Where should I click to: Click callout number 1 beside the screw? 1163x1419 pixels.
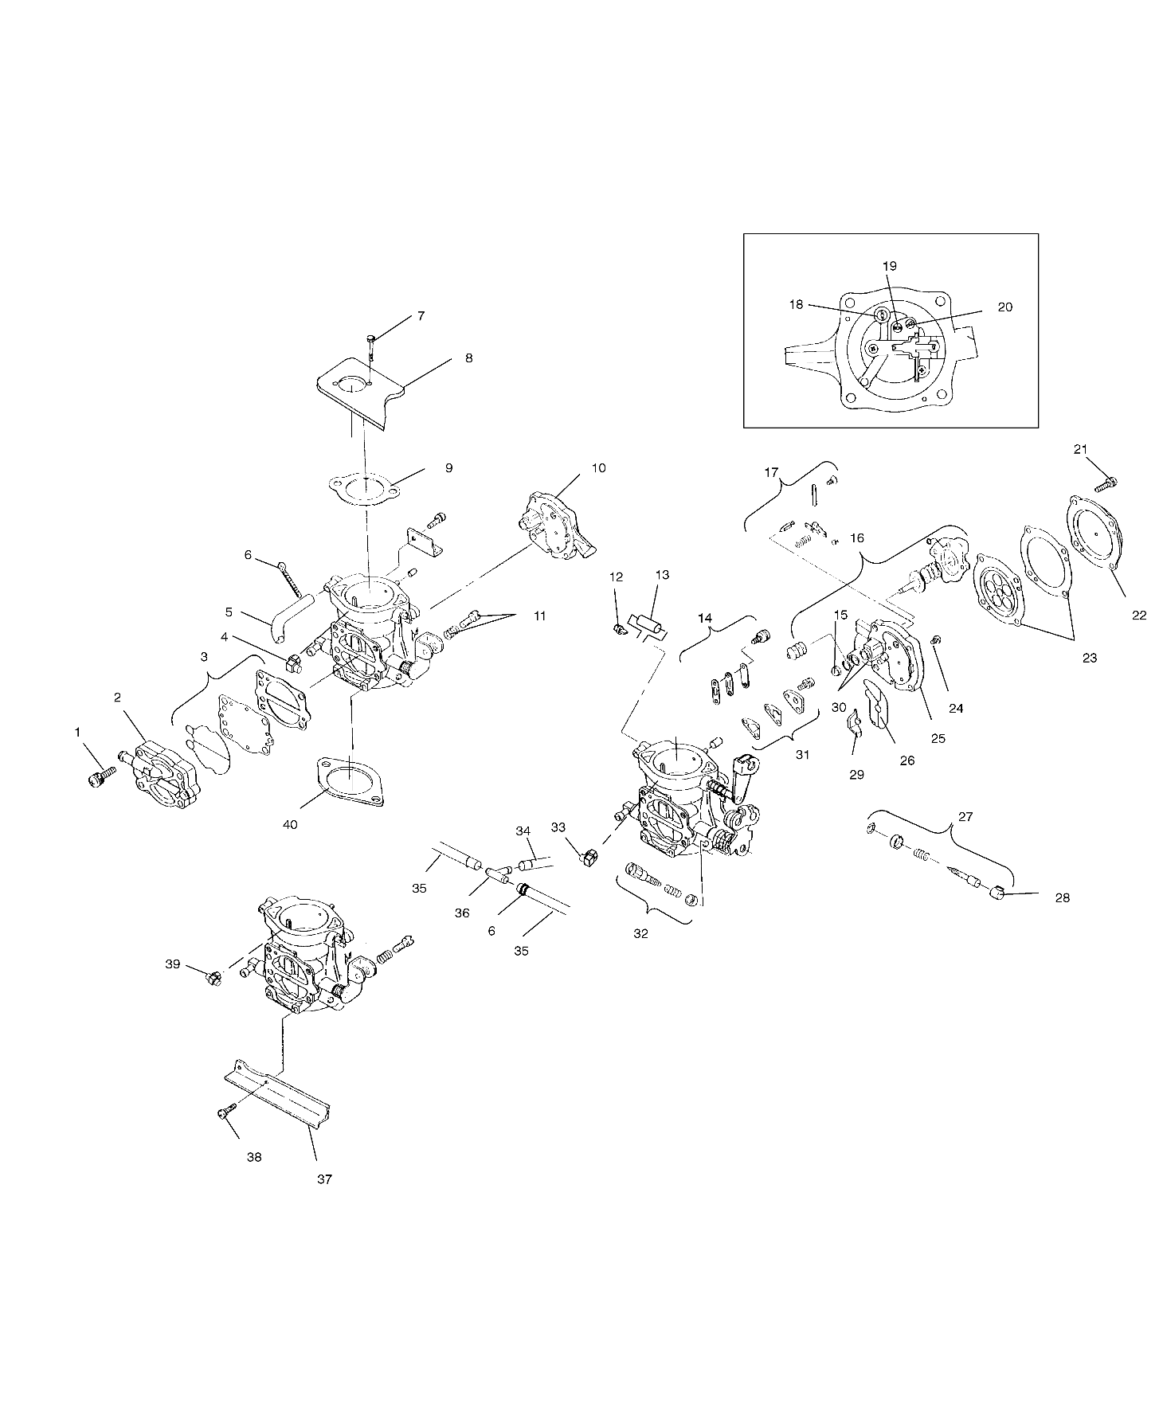pyautogui.click(x=78, y=731)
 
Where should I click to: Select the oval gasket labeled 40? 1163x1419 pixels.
pyautogui.click(x=351, y=780)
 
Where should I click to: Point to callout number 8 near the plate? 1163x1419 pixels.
pyautogui.click(x=469, y=358)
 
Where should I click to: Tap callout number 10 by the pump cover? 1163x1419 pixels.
pyautogui.click(x=598, y=467)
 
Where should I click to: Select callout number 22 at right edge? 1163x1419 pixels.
pyautogui.click(x=1139, y=615)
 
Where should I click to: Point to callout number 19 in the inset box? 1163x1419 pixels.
pyautogui.click(x=890, y=266)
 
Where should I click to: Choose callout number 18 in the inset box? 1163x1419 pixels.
pyautogui.click(x=797, y=304)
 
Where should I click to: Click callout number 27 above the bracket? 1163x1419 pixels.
pyautogui.click(x=965, y=816)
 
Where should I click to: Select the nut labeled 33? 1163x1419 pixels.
pyautogui.click(x=589, y=858)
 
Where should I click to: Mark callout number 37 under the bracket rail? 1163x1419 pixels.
pyautogui.click(x=324, y=1179)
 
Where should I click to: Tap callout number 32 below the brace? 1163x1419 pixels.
pyautogui.click(x=641, y=934)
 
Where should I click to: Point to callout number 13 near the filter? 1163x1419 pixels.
pyautogui.click(x=663, y=575)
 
